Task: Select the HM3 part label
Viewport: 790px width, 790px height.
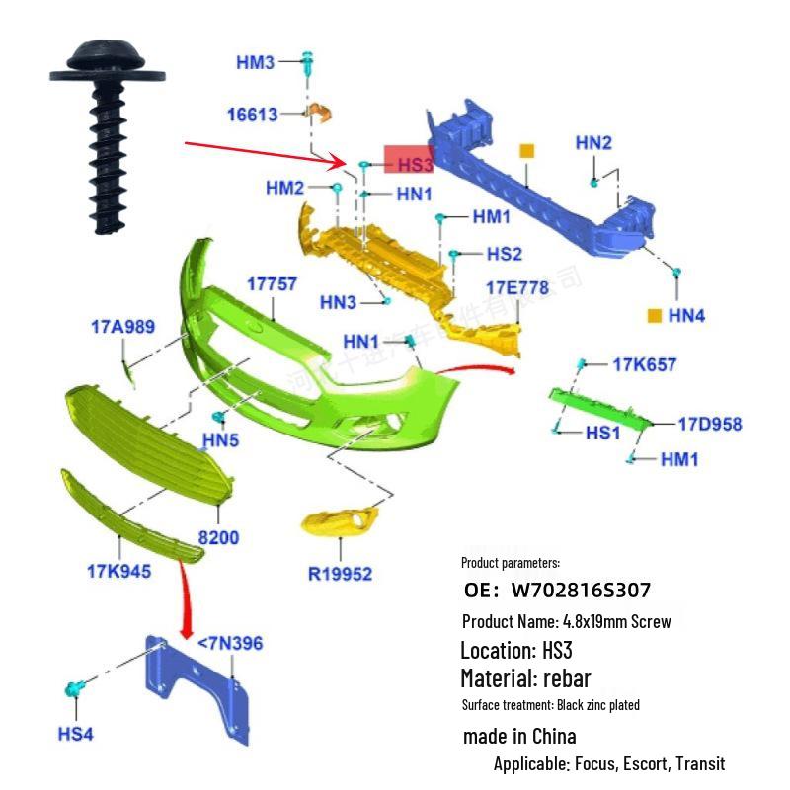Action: tap(255, 63)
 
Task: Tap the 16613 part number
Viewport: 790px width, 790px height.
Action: tap(252, 115)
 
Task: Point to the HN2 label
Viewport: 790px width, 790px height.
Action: tap(593, 143)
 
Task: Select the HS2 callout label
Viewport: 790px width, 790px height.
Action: tap(504, 254)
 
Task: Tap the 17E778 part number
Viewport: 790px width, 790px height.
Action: tap(516, 287)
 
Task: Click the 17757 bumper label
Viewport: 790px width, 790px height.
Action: tap(272, 284)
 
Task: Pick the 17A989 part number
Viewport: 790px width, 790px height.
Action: tap(122, 326)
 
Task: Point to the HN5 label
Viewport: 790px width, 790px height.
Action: tap(220, 440)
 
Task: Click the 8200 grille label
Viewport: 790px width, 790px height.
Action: tap(218, 537)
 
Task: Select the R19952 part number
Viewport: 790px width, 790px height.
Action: tap(341, 573)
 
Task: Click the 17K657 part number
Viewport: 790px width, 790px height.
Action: tap(645, 364)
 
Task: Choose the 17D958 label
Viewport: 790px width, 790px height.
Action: tap(709, 425)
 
